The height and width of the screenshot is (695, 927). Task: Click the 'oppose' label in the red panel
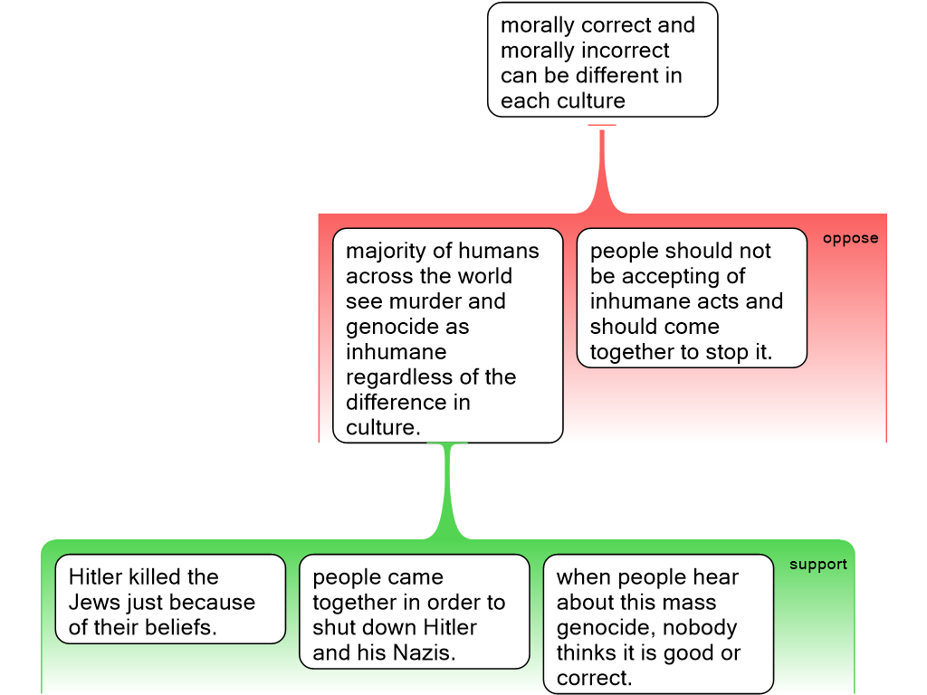850,239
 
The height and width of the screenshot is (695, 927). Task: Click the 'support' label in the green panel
817,565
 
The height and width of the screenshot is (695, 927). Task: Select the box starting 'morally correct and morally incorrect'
602,60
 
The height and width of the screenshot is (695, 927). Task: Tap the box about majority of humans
447,335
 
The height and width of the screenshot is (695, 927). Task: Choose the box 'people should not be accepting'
692,298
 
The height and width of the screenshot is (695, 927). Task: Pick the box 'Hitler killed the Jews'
170,599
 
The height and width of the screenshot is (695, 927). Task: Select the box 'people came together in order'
414,611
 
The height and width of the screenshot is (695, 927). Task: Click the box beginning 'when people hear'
658,624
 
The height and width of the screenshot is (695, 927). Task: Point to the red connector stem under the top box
602,167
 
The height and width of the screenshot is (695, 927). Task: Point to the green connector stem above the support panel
448,493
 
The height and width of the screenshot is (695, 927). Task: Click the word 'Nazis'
422,653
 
